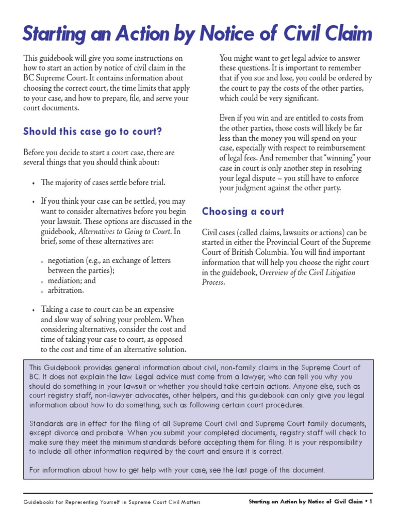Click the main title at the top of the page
[197, 34]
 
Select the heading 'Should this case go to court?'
[93, 131]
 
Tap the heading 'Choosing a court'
[243, 211]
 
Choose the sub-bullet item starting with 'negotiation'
[109, 260]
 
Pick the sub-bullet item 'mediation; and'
[72, 280]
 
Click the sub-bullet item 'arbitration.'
[65, 290]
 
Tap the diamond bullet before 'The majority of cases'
[33, 183]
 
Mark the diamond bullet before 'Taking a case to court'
[33, 310]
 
